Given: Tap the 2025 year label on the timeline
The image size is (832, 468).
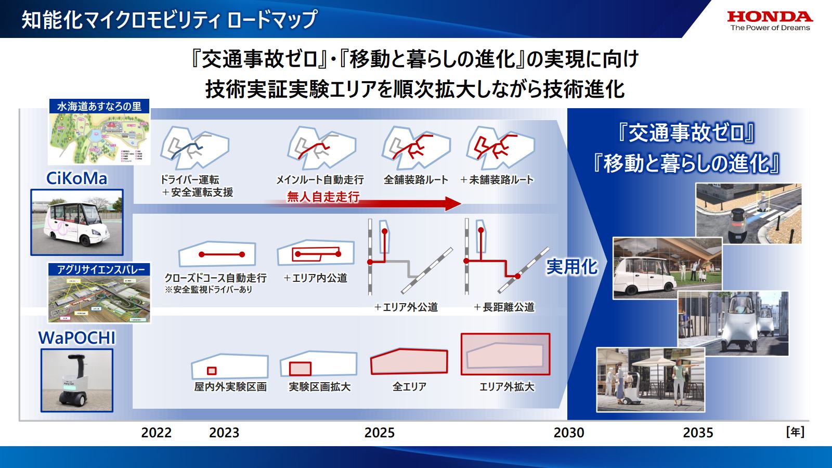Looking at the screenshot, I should [379, 433].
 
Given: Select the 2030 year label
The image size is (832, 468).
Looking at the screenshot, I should [568, 433].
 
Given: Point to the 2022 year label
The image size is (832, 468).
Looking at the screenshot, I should [156, 433].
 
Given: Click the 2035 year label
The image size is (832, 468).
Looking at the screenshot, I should [698, 433].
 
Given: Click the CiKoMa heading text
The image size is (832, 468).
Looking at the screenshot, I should [76, 178].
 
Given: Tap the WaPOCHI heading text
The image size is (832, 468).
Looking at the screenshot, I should [76, 338].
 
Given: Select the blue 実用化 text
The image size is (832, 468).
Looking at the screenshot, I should [571, 267].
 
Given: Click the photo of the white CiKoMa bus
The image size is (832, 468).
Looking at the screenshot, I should [77, 222].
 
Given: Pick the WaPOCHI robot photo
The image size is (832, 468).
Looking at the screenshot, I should [77, 380].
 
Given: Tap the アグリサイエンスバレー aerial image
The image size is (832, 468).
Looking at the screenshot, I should [99, 299].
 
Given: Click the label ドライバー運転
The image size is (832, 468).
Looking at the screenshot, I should [189, 180].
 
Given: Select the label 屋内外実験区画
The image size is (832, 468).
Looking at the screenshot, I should [230, 387].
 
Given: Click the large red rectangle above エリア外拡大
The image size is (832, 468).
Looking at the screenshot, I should [505, 354].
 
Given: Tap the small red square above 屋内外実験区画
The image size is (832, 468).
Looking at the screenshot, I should [212, 371].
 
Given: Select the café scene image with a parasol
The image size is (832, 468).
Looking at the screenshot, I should [650, 380].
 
